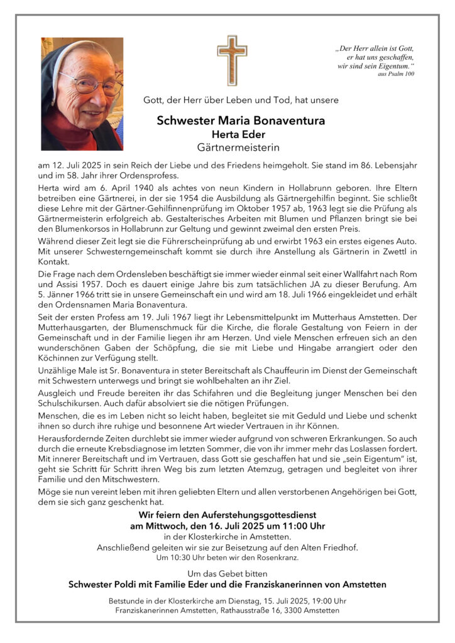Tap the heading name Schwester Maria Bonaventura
click(x=241, y=121)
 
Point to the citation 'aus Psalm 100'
click(x=396, y=74)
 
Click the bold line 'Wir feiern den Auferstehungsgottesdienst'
click(x=227, y=515)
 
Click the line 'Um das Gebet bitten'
click(x=227, y=573)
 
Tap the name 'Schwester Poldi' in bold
click(x=105, y=585)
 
